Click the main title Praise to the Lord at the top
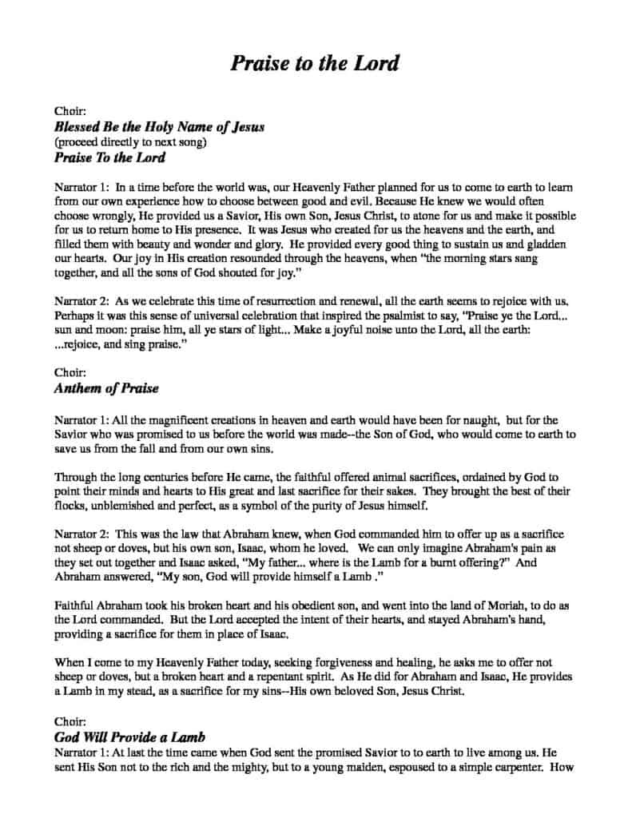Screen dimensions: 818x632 [x=315, y=63]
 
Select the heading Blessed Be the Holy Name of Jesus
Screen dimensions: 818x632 [x=159, y=127]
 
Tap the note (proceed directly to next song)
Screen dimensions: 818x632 [x=131, y=142]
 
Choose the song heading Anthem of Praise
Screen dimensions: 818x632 [x=106, y=388]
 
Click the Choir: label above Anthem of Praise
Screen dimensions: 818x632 [x=70, y=372]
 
